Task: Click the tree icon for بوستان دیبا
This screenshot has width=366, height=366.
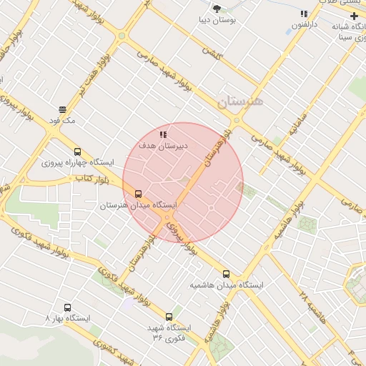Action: pyautogui.click(x=217, y=9)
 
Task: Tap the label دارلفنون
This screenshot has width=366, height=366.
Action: pyautogui.click(x=305, y=25)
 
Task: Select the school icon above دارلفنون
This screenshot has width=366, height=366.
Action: pyautogui.click(x=304, y=14)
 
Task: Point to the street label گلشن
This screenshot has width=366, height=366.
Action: pyautogui.click(x=212, y=52)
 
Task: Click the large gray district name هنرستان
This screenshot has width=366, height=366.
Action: pyautogui.click(x=240, y=102)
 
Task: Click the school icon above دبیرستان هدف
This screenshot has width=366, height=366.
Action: pyautogui.click(x=163, y=134)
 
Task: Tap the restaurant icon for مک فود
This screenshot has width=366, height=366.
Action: pyautogui.click(x=63, y=110)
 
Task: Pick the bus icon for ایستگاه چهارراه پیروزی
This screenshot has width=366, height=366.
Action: pyautogui.click(x=77, y=152)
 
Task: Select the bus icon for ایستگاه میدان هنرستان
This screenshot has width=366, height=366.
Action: pyautogui.click(x=138, y=193)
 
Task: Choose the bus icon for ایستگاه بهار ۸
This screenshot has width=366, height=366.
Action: pyautogui.click(x=67, y=307)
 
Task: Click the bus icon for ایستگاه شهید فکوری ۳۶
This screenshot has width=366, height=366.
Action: pyautogui.click(x=169, y=317)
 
